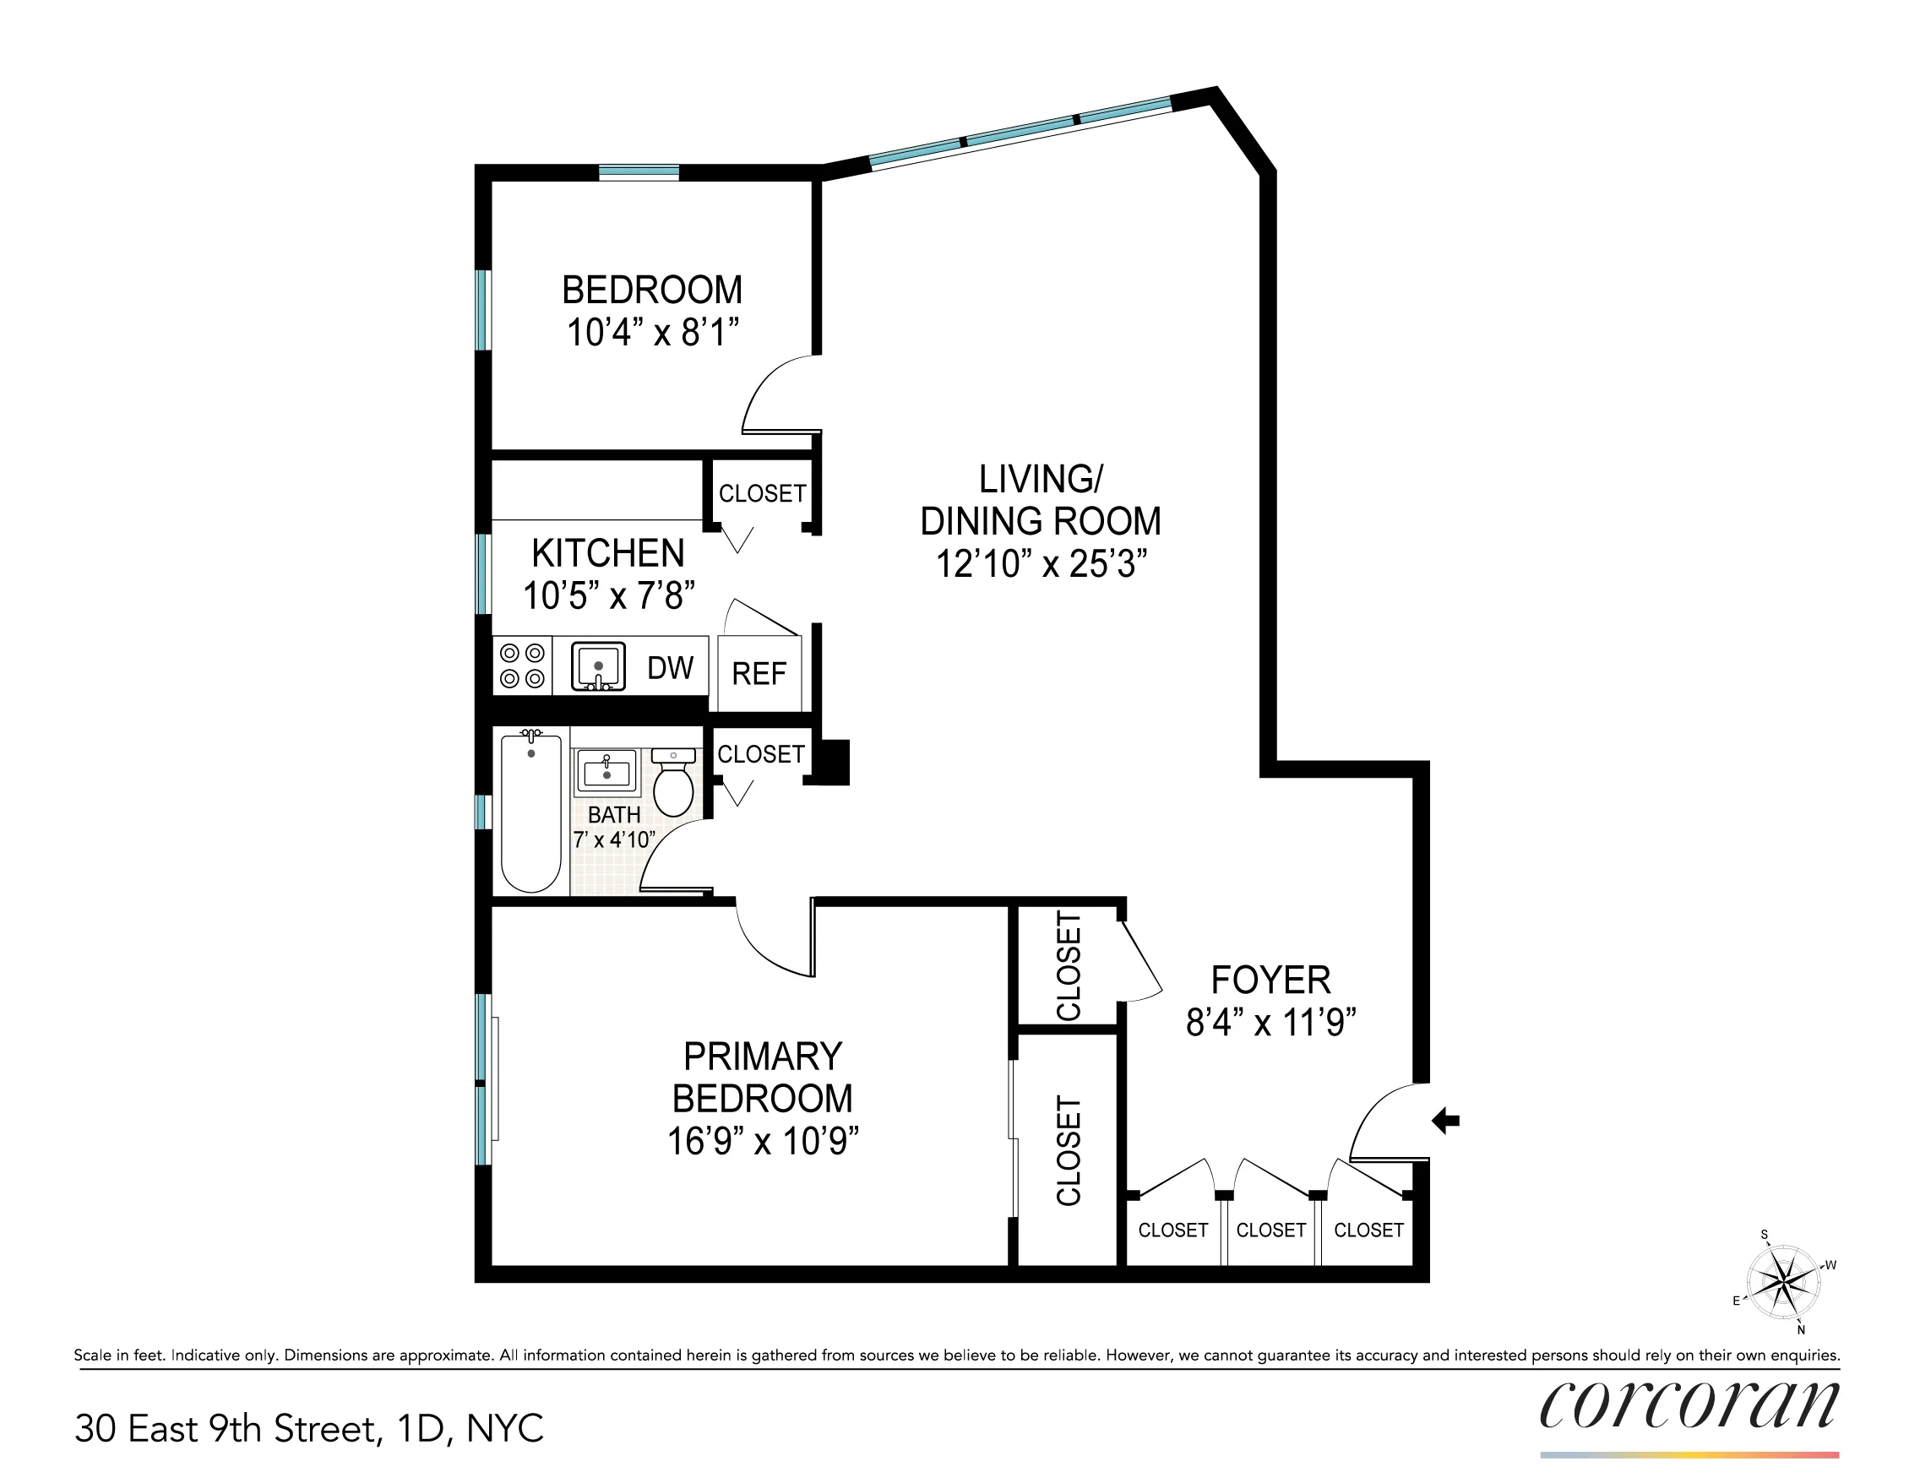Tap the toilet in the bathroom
[x=674, y=784]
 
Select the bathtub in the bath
[x=531, y=812]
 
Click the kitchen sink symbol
[x=598, y=666]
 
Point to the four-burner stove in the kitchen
[x=522, y=665]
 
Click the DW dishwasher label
[x=670, y=669]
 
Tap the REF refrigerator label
[x=759, y=674]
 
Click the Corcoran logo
[x=1689, y=1405]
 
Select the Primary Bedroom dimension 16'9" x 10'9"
[x=762, y=1141]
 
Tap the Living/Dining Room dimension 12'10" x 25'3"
[x=1041, y=563]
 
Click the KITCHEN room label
[x=607, y=554]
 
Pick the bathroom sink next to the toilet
[x=606, y=772]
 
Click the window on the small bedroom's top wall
[x=639, y=172]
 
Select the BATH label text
[x=613, y=815]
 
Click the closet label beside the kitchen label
[x=762, y=494]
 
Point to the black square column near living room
[x=832, y=761]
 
